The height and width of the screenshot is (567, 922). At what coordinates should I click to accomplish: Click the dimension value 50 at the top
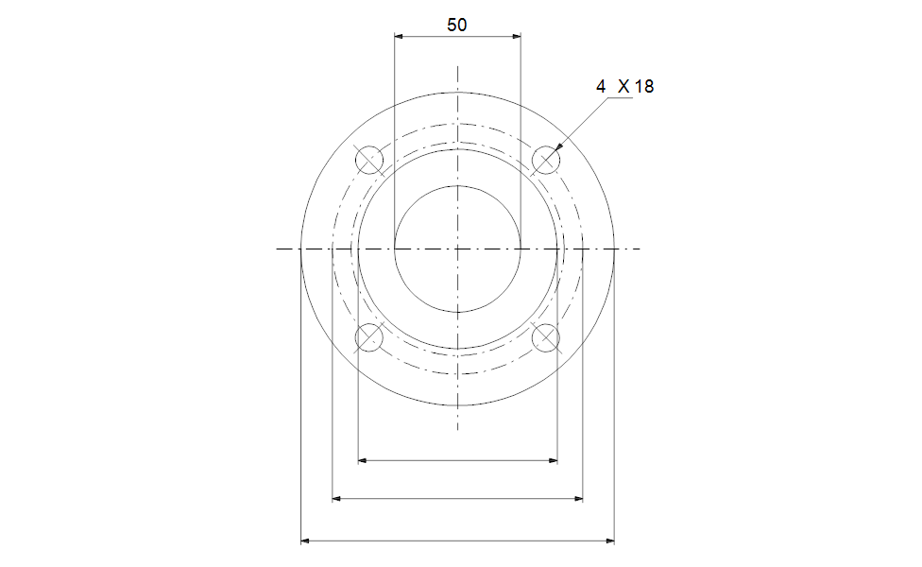click(x=457, y=26)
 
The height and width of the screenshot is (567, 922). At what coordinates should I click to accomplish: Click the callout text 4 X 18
click(x=624, y=86)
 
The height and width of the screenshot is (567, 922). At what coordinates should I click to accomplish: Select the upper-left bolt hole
click(x=369, y=161)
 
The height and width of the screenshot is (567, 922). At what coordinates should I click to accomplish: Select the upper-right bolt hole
click(x=546, y=161)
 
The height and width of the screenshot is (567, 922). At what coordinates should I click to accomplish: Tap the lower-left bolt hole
click(x=369, y=337)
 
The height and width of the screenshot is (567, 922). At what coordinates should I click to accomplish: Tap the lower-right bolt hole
click(x=546, y=337)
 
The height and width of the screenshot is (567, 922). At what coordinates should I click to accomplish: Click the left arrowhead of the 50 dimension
click(x=399, y=37)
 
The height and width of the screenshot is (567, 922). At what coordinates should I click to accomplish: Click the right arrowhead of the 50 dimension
click(x=516, y=37)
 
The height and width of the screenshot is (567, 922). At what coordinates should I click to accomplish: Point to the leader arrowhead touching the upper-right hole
click(x=559, y=147)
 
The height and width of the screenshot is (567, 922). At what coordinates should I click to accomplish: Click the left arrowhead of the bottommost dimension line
click(x=305, y=541)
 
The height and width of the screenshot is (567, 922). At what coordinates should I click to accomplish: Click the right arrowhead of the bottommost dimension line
click(x=609, y=541)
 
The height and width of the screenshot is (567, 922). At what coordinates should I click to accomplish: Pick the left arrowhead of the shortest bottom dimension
click(x=363, y=461)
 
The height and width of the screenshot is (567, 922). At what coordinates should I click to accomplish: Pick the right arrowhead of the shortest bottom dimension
click(x=553, y=461)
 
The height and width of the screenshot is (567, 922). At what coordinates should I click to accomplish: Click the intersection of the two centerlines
click(x=457, y=249)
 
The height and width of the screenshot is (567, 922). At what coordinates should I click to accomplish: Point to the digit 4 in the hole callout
click(x=601, y=86)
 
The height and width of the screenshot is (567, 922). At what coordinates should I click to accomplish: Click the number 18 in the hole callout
click(x=643, y=86)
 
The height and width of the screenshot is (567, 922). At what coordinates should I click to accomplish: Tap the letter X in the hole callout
click(x=623, y=86)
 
